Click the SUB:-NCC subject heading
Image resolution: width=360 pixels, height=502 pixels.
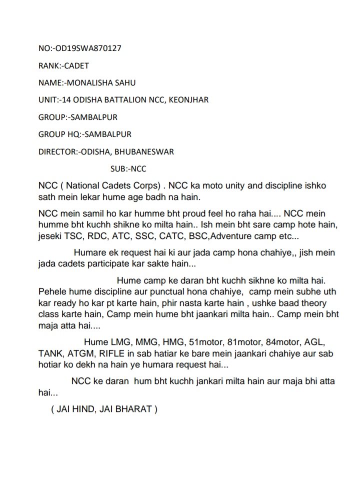[x=128, y=169]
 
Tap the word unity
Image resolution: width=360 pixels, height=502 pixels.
[x=235, y=186]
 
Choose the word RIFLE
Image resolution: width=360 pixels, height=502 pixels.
[x=108, y=354]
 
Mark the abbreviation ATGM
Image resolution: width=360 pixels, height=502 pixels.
[x=81, y=354]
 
